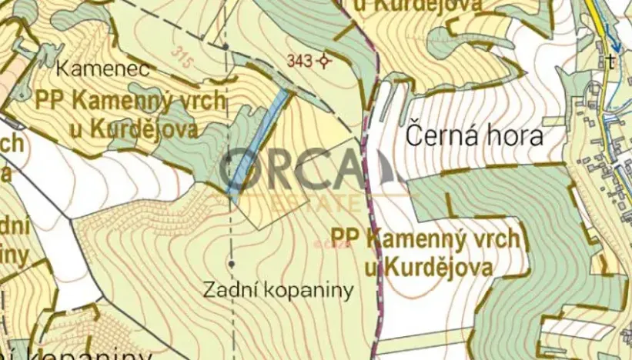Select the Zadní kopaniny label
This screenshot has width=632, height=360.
(279, 290)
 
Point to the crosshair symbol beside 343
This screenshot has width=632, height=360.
(326, 62)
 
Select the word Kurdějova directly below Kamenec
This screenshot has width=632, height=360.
(142, 128)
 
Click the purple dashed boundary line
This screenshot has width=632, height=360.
(376, 254)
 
